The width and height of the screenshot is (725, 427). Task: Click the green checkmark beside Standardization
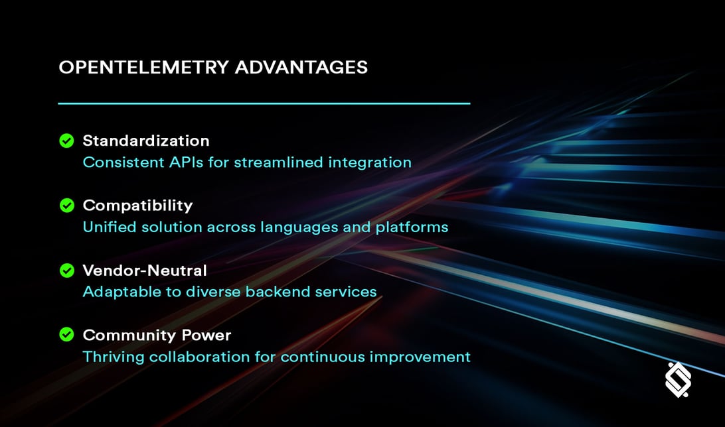tap(66, 141)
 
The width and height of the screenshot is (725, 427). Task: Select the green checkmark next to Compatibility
tap(66, 206)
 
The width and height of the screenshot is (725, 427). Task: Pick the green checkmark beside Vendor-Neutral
tap(66, 271)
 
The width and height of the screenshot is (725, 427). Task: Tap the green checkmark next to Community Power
tap(66, 335)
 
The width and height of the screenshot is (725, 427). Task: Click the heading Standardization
tap(145, 141)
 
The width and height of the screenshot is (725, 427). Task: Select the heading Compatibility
tap(137, 206)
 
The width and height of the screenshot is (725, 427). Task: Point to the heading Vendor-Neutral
tap(144, 271)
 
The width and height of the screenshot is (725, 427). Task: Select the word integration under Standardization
tap(371, 162)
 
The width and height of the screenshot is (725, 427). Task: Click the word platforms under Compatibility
tap(412, 227)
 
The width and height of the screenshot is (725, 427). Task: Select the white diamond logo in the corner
tap(678, 380)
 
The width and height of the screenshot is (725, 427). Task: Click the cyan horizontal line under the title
tap(264, 103)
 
